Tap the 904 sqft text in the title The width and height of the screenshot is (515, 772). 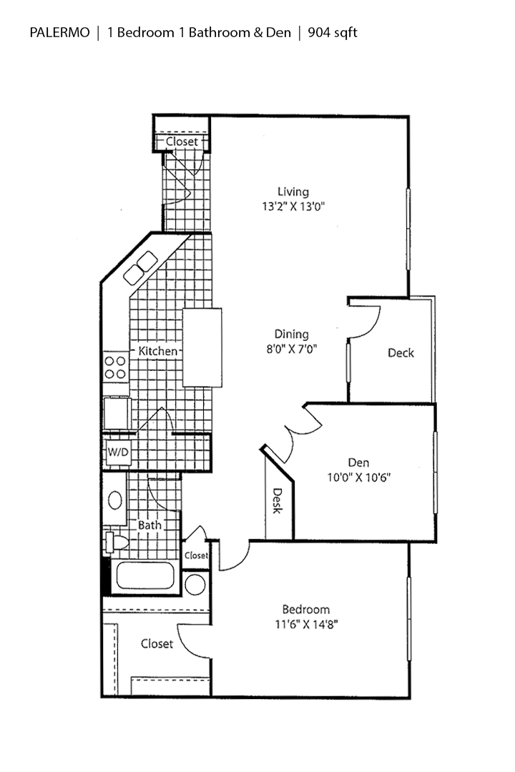point(333,32)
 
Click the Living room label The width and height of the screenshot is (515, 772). point(293,192)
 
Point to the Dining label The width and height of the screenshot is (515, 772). point(292,334)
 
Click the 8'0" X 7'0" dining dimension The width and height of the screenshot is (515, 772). point(292,350)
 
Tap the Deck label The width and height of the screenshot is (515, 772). point(401,352)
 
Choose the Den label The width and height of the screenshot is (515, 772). point(360,462)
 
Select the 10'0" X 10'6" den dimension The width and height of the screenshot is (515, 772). point(360,477)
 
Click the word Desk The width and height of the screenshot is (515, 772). point(278,500)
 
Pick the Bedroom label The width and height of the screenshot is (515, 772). point(306,609)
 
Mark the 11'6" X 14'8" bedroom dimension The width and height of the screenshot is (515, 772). point(306,624)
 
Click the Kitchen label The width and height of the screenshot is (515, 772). point(157,351)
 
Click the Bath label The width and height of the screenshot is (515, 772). point(149,525)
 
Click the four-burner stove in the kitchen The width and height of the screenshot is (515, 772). point(115,367)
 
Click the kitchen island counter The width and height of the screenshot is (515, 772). point(202,347)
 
